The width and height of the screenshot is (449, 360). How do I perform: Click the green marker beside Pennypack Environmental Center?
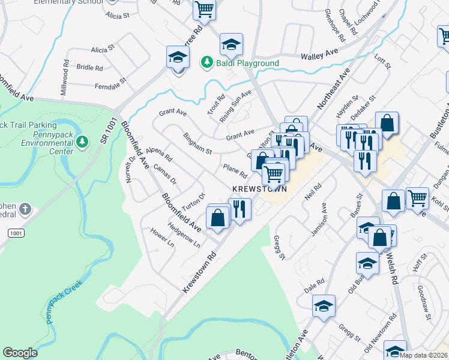point(83,141)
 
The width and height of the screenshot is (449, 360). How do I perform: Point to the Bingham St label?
point(197,143)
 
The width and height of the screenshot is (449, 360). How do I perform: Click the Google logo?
point(20,352)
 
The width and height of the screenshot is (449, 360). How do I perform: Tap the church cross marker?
point(25,209)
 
